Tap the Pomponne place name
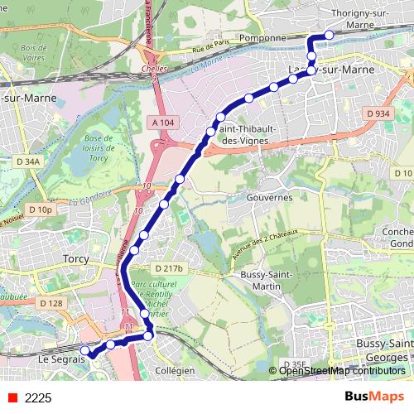point(261,37)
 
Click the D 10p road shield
point(40,210)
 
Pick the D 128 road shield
point(51,303)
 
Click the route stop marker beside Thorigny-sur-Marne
point(329,35)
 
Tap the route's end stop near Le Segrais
point(84,350)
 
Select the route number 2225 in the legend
point(38,398)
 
